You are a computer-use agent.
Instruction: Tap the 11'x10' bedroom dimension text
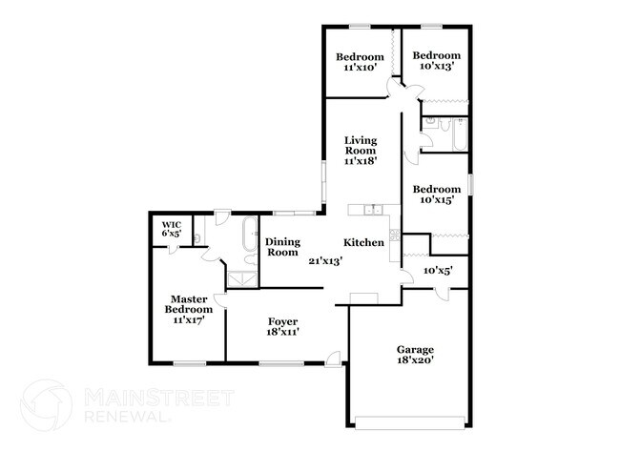[362, 67]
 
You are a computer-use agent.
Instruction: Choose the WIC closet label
[172, 226]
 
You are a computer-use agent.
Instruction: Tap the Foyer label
[282, 321]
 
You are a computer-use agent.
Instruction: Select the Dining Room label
[282, 247]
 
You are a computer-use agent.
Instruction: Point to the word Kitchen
[363, 242]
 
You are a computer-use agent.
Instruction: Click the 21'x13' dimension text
[324, 259]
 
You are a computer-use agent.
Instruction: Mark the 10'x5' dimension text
[437, 271]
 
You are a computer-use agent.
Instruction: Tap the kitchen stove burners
[393, 236]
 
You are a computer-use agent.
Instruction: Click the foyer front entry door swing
[335, 358]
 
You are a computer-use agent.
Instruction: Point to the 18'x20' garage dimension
[415, 360]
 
